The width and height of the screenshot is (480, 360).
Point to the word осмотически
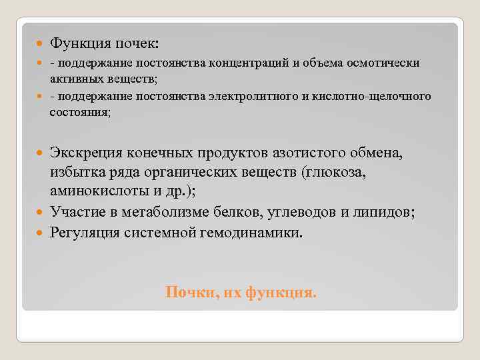pyautogui.click(x=381, y=63)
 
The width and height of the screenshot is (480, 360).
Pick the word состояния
pyautogui.click(x=80, y=112)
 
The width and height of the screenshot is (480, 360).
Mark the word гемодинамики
pyautogui.click(x=246, y=233)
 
